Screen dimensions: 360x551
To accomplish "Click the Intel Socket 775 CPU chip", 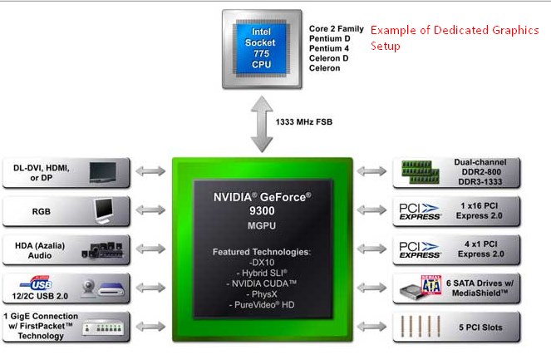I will coord(262,47).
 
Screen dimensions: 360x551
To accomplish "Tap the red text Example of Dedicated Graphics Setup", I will coord(454,37).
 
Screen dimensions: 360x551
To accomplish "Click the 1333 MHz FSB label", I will coord(303,121).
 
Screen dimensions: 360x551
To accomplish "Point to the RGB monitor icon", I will coord(106,210).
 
